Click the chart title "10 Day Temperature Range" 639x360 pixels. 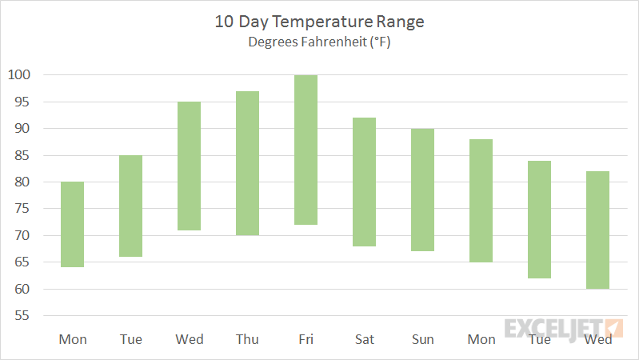319,22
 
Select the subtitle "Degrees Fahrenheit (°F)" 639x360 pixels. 319,42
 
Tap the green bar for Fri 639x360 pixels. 306,150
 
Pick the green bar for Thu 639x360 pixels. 247,163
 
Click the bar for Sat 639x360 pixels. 364,182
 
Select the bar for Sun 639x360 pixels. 422,190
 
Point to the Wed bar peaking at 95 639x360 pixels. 189,166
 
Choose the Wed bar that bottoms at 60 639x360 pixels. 597,230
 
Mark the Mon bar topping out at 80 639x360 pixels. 72,224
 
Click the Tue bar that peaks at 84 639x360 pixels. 539,219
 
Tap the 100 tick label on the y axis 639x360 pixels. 19,75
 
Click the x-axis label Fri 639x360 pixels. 306,339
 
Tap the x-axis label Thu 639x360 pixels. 247,339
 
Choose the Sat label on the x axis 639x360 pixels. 364,339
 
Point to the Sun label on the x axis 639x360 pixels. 422,339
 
